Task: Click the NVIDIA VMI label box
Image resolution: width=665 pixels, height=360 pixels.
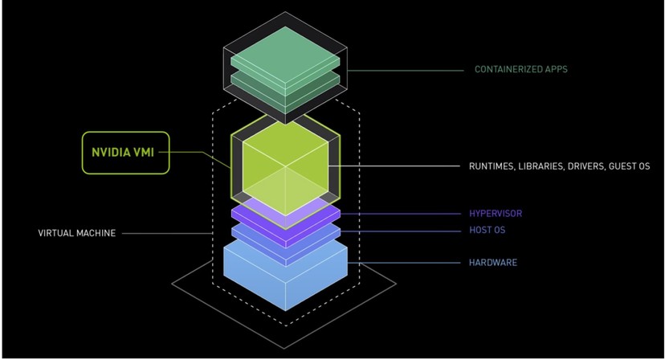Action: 126,153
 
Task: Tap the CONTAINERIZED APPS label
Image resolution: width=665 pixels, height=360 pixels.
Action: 521,70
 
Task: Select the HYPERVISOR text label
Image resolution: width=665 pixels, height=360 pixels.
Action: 496,214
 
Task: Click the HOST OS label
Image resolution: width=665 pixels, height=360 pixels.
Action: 488,231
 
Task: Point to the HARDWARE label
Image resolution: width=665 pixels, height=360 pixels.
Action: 493,263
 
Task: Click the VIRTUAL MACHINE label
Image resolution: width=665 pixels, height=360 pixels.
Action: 77,233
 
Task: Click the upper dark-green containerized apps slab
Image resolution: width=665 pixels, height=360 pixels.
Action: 285,61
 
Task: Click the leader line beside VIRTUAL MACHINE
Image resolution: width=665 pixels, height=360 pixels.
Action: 169,233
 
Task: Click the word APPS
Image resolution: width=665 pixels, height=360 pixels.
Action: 555,70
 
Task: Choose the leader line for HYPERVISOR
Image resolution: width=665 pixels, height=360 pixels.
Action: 402,214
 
